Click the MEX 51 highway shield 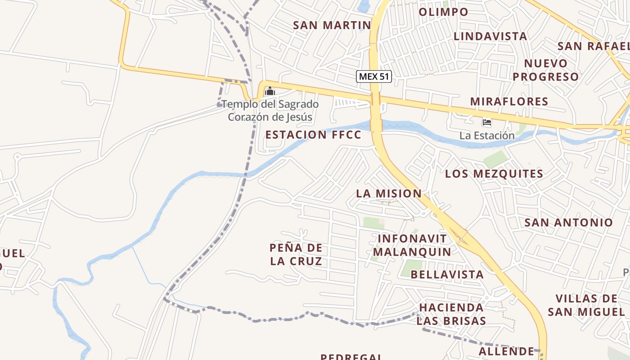[x=373, y=76]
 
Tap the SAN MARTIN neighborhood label [x=332, y=25]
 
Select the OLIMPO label [x=443, y=12]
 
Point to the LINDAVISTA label [x=490, y=36]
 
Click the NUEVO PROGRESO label [x=545, y=70]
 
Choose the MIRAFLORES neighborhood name [x=509, y=102]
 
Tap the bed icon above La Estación [x=486, y=122]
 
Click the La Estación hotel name [x=486, y=135]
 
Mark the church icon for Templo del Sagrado [x=270, y=92]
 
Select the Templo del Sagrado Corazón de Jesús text [x=270, y=111]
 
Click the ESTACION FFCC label [x=313, y=135]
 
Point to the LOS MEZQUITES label [x=494, y=174]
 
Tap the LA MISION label [x=389, y=194]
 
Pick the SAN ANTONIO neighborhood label [x=568, y=222]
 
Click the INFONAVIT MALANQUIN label [x=412, y=245]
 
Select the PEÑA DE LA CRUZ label [x=296, y=254]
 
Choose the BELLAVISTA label [x=447, y=274]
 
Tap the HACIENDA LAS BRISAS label [x=451, y=314]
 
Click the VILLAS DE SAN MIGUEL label [x=586, y=305]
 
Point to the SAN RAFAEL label [x=593, y=46]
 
